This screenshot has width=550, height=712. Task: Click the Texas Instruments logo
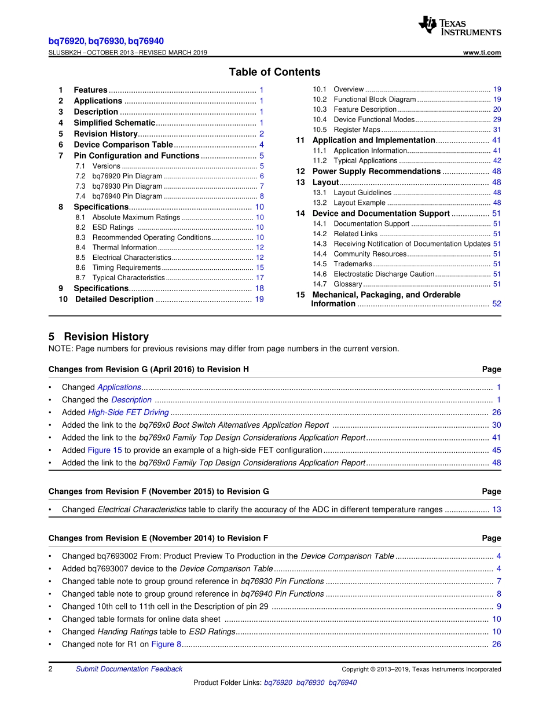460,26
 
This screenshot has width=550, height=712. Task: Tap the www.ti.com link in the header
482,53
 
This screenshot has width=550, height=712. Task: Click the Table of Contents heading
274,72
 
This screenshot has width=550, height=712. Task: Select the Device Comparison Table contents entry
123,145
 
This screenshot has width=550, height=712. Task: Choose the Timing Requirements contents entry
126,268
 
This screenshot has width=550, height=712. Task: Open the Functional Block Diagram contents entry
375,100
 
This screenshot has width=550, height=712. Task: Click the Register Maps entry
357,130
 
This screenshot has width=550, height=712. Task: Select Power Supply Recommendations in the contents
376,171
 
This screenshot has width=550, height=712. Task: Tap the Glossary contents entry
347,284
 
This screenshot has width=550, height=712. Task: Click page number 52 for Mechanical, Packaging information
497,304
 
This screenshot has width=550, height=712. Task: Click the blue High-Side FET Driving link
128,413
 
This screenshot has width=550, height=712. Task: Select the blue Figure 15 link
104,450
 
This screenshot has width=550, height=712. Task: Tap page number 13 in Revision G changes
497,510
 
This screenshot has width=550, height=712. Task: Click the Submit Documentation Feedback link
129,669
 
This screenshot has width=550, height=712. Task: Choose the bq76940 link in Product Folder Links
342,683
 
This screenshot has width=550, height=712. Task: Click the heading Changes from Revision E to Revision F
158,538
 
